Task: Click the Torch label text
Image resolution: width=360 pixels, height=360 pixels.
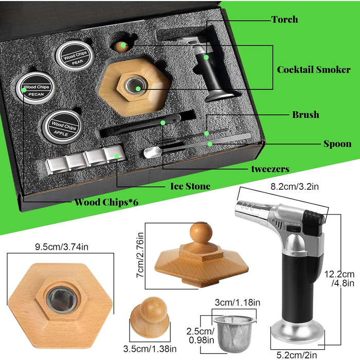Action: [x=285, y=20]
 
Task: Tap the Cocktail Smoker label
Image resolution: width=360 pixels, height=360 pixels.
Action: [x=314, y=69]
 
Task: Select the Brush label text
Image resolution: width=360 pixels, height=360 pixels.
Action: [x=305, y=115]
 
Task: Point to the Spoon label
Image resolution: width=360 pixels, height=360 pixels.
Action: [x=337, y=144]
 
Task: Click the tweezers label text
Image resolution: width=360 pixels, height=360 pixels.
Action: [x=270, y=169]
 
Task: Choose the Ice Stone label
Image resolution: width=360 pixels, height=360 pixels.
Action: [x=190, y=186]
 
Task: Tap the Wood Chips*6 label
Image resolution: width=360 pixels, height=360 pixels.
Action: [x=106, y=202]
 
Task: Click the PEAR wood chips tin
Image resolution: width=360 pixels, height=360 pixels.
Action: [x=75, y=56]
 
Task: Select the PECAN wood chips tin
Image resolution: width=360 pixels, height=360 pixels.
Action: [x=36, y=88]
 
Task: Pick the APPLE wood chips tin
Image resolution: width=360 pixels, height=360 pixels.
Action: [x=62, y=127]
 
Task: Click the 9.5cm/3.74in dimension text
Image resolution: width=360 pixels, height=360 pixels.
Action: [x=62, y=247]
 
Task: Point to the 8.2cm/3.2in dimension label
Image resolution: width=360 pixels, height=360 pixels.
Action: [x=295, y=186]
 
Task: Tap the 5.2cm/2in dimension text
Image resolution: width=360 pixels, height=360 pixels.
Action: [x=297, y=355]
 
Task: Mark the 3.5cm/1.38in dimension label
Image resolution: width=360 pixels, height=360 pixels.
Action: [x=150, y=349]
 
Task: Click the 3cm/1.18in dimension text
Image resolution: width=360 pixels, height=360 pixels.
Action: [x=238, y=302]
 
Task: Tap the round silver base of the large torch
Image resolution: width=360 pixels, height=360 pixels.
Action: [x=298, y=332]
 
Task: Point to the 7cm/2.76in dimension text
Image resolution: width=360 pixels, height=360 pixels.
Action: [x=140, y=255]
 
